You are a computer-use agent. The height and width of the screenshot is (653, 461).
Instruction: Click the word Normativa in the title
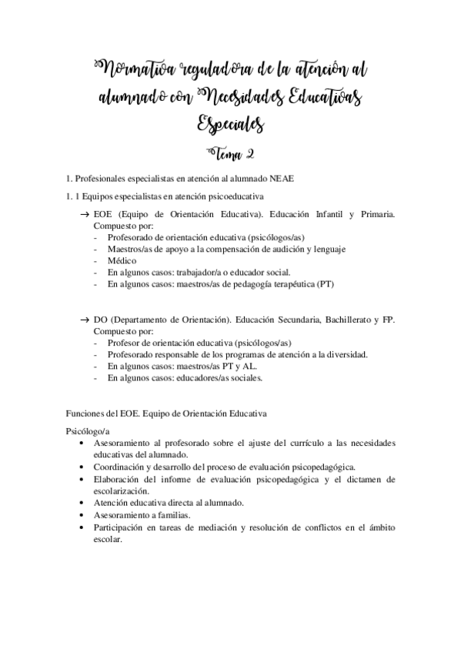[x=133, y=72]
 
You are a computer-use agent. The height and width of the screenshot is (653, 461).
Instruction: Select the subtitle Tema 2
[x=231, y=153]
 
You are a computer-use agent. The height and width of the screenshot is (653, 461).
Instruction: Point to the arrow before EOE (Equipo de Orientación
[x=84, y=214]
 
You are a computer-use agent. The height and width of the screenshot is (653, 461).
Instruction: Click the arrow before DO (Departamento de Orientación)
[x=84, y=319]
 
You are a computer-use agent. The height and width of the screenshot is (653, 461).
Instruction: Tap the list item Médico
[x=122, y=260]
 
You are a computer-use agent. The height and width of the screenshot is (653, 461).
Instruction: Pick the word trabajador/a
[x=197, y=272]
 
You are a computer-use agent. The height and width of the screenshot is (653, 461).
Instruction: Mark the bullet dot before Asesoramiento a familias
[x=82, y=514]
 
